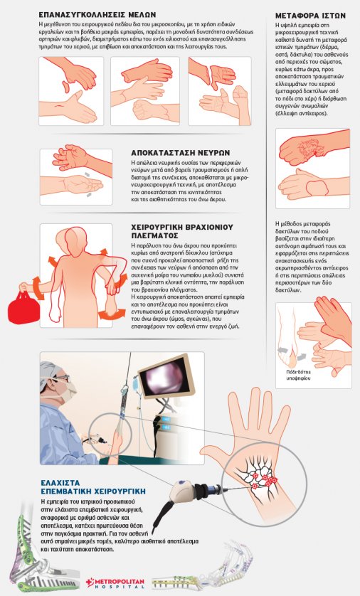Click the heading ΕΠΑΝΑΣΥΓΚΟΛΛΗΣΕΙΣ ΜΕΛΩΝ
coord(97,15)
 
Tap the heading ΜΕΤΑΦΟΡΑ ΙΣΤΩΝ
coord(310,16)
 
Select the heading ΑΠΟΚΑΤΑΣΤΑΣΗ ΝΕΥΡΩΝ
coord(180,153)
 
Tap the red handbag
coord(24,307)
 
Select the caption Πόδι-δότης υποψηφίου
coord(298,375)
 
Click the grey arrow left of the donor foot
coord(284,349)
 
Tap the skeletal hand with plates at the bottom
coord(201,565)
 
